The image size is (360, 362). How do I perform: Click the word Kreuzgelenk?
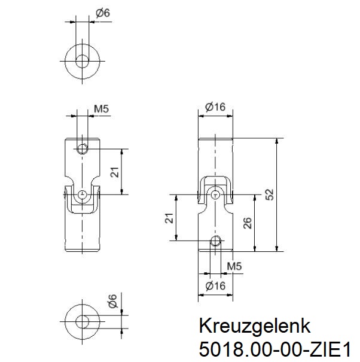(254, 327)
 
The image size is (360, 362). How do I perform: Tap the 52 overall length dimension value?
(269, 194)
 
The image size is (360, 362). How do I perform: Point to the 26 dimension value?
(247, 223)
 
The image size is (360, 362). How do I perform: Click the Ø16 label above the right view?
(215, 107)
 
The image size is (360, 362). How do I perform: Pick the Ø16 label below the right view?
(215, 286)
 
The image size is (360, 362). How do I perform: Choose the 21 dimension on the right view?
(169, 218)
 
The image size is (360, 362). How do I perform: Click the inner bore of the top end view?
(83, 60)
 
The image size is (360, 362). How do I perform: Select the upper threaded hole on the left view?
(83, 148)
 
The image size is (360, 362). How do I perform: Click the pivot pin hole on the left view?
(83, 194)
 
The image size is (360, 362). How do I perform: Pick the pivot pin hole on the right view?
(215, 194)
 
